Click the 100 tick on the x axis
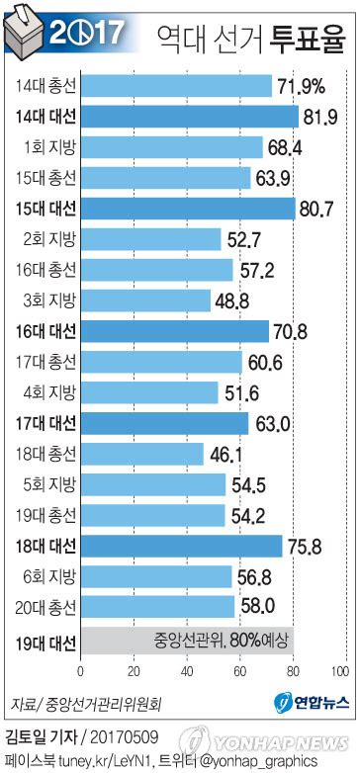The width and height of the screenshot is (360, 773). pos(340,669)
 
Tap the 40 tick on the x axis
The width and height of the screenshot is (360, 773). pos(185,669)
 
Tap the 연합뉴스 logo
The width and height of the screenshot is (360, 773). pos(308,705)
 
